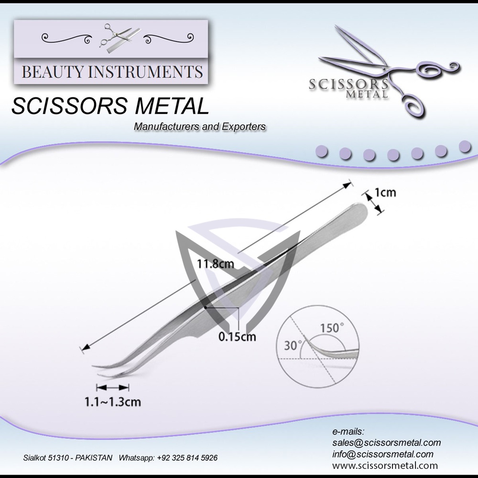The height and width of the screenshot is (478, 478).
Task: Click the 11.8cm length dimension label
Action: coord(214,263)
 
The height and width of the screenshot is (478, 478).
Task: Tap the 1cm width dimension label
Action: coord(385,193)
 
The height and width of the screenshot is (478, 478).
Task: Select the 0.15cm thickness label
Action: coord(237,337)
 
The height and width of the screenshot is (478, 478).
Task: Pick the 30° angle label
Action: coord(293,345)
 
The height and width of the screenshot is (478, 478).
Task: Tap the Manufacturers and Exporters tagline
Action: coord(200,127)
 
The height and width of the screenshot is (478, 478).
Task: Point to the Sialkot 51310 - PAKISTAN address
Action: coord(68,458)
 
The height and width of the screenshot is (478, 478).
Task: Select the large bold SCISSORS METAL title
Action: coord(110,106)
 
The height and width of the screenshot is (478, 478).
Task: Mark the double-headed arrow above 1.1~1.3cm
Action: coord(113,387)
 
